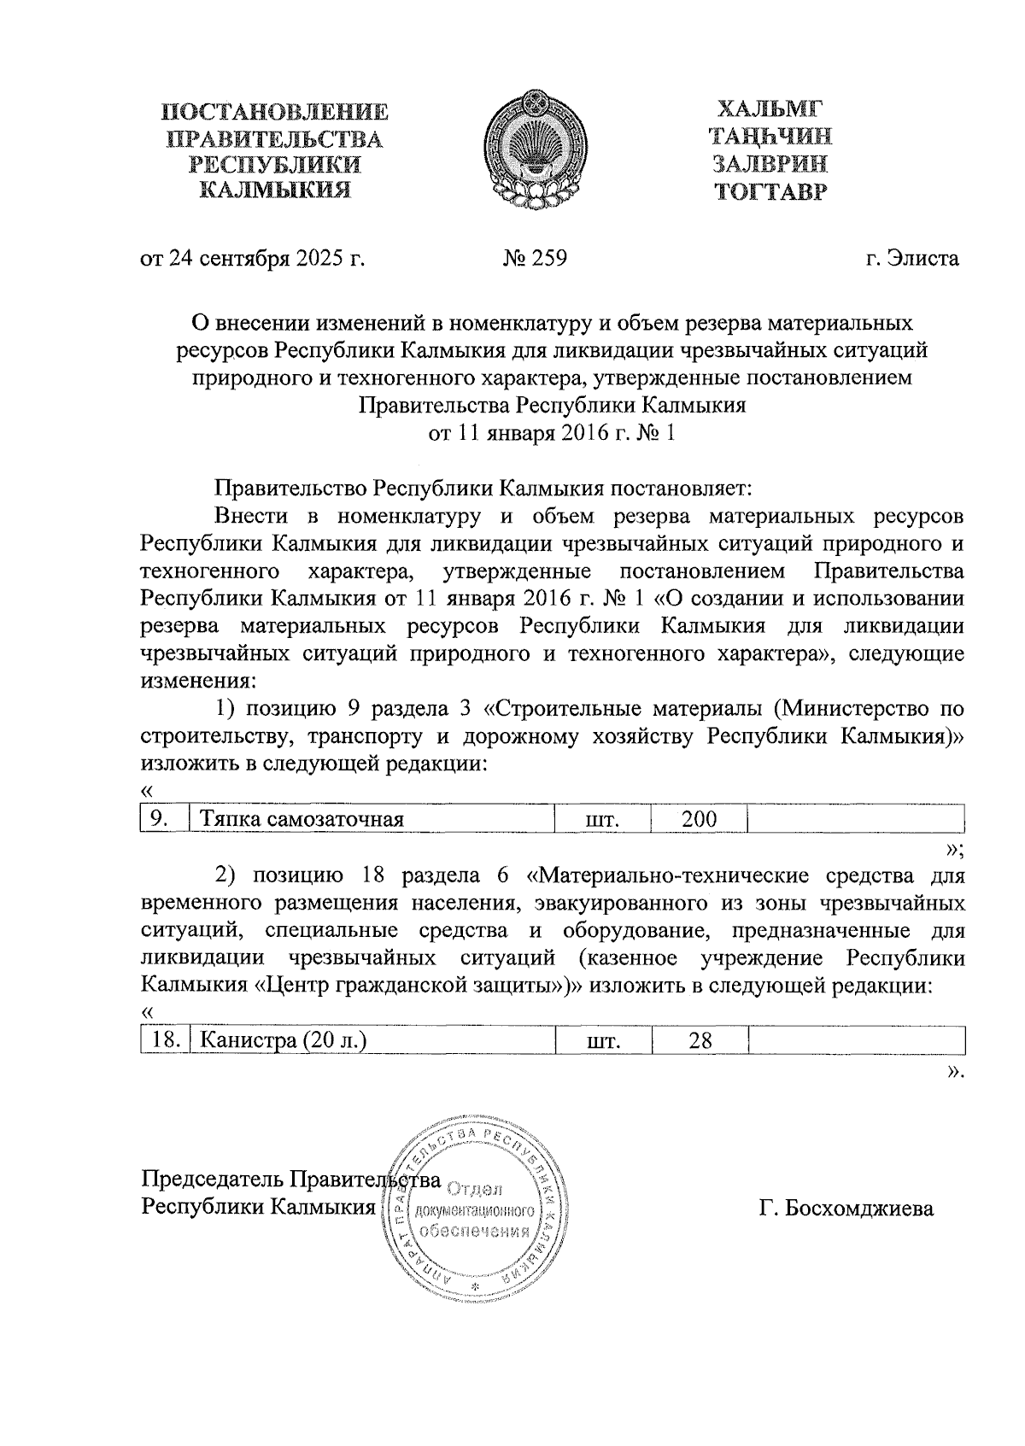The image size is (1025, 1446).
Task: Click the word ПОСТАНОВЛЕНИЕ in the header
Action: pyautogui.click(x=276, y=112)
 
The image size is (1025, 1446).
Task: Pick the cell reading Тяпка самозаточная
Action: pyautogui.click(x=302, y=820)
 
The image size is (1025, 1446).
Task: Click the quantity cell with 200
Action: pyautogui.click(x=698, y=819)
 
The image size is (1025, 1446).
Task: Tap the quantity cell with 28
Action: pyautogui.click(x=700, y=1040)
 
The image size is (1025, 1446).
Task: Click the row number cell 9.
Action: pyautogui.click(x=158, y=819)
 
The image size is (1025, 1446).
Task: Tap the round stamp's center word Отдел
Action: pyautogui.click(x=475, y=1189)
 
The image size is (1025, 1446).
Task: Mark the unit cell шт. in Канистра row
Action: pyautogui.click(x=603, y=1041)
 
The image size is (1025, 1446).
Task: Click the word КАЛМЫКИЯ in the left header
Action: pyautogui.click(x=275, y=190)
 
